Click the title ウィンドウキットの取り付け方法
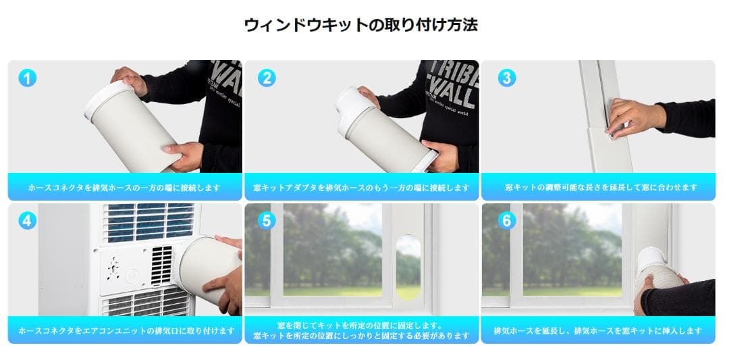[361, 25]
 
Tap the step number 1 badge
[27, 78]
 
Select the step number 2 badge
[267, 78]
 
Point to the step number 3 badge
[506, 78]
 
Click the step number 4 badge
[27, 220]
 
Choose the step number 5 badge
[267, 220]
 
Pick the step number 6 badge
[506, 220]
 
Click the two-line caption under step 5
[361, 330]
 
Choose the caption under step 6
[597, 331]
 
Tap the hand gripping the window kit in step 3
[628, 117]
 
